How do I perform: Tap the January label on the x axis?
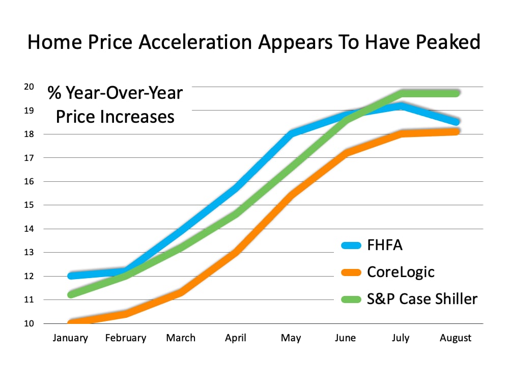pyautogui.click(x=70, y=338)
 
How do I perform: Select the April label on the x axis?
pyautogui.click(x=236, y=338)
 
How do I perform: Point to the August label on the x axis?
pyautogui.click(x=456, y=338)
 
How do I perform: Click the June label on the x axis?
pyautogui.click(x=346, y=338)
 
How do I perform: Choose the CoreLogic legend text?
pyautogui.click(x=401, y=271)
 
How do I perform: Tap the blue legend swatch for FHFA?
pyautogui.click(x=351, y=245)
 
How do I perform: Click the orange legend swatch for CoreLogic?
pyautogui.click(x=351, y=272)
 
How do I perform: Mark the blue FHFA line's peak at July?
pyautogui.click(x=401, y=105)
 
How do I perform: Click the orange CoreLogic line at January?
pyautogui.click(x=71, y=323)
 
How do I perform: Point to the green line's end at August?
pyautogui.click(x=456, y=93)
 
